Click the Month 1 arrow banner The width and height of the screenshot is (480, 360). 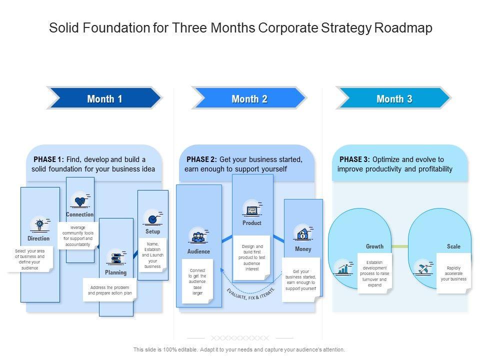[104, 98]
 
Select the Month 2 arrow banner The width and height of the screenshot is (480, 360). [249, 98]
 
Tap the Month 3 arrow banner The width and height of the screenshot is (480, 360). [394, 98]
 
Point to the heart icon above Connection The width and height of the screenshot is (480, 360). [80, 201]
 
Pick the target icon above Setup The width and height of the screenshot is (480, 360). [152, 218]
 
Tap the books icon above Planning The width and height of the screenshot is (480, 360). [116, 258]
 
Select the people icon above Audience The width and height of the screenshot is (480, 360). [198, 236]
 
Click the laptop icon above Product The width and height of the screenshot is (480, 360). [251, 209]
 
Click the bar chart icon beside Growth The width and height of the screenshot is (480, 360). [343, 268]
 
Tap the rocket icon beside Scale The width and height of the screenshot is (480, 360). [423, 267]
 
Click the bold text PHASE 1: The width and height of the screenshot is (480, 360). [48, 159]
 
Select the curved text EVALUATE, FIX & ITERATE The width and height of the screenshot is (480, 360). [250, 293]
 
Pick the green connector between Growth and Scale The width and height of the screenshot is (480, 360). [399, 246]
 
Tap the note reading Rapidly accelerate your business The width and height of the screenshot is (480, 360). [453, 273]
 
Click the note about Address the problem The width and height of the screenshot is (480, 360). [109, 290]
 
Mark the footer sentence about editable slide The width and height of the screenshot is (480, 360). [239, 350]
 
